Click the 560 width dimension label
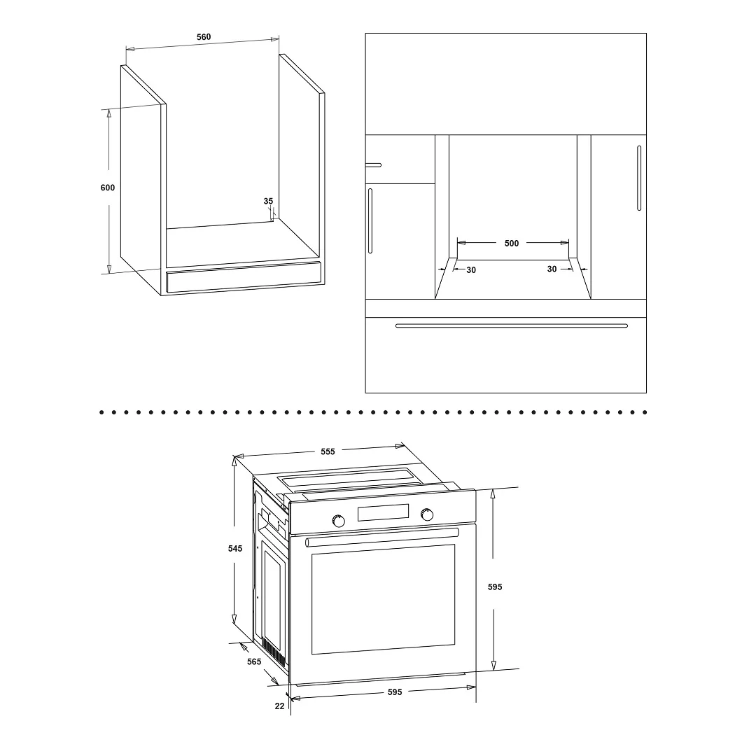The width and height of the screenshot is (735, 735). click(x=204, y=37)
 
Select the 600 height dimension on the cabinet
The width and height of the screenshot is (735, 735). click(x=107, y=188)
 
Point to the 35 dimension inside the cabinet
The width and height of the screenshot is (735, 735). click(x=268, y=201)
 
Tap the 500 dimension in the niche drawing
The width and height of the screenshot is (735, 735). click(x=512, y=244)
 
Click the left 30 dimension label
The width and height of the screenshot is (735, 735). click(x=471, y=270)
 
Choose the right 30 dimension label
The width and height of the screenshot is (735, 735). click(x=552, y=269)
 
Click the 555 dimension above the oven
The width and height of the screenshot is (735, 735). click(x=328, y=451)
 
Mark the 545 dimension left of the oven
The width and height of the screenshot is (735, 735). click(x=234, y=548)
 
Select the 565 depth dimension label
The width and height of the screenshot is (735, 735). click(x=253, y=662)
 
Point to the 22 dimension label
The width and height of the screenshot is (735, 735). click(x=279, y=706)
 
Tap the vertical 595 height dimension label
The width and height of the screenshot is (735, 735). click(x=494, y=587)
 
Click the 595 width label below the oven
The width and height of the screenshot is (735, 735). click(x=395, y=692)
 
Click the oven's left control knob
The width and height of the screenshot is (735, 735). click(x=338, y=521)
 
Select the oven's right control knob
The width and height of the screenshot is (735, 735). click(x=427, y=514)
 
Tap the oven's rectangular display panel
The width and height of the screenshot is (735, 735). click(x=383, y=512)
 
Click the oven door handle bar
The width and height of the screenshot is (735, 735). click(x=382, y=538)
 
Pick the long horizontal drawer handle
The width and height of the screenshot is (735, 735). click(x=512, y=325)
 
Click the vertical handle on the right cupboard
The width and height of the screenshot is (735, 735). click(x=639, y=178)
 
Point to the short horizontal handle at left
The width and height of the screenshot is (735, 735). click(x=374, y=165)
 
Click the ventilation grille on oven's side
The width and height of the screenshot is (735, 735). click(x=273, y=652)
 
